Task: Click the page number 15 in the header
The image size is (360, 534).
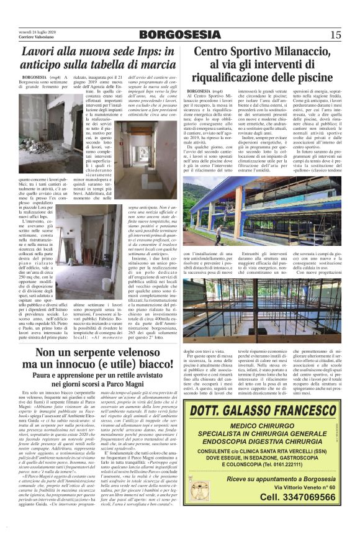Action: (x=335, y=34)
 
